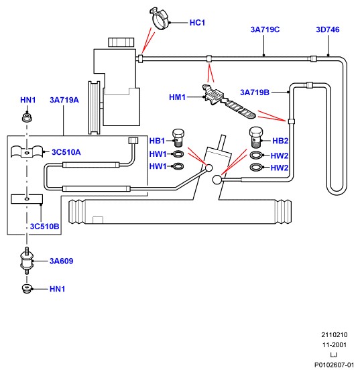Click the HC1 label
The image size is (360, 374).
tap(197, 23)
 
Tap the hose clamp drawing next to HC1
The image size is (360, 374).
tap(160, 19)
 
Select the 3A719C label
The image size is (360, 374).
tap(265, 29)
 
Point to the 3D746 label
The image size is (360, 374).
tap(328, 29)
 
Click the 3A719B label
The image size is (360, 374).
tap(255, 92)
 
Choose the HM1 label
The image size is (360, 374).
tap(177, 97)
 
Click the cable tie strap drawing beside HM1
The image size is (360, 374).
tap(229, 102)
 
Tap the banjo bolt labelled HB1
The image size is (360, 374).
tap(178, 138)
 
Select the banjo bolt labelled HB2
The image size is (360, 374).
tap(255, 137)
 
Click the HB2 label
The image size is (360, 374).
tap(280, 141)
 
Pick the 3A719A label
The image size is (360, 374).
tap(64, 100)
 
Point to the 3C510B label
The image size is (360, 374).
tap(45, 227)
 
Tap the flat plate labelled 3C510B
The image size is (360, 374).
tap(27, 199)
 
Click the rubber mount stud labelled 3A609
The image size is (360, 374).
tap(27, 261)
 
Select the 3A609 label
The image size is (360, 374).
tap(61, 261)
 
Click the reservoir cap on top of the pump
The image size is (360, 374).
tap(121, 42)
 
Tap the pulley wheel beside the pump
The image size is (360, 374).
tap(95, 108)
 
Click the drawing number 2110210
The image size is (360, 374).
tap(335, 335)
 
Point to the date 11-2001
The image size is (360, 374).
tap(335, 345)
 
